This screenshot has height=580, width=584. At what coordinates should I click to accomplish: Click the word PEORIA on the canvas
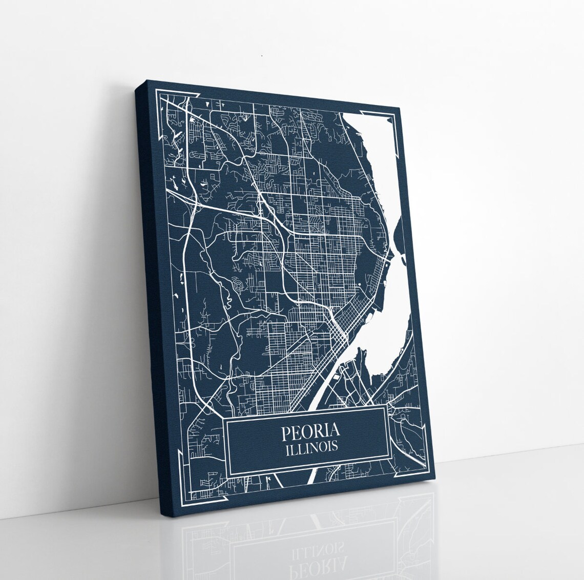tap(309, 432)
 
